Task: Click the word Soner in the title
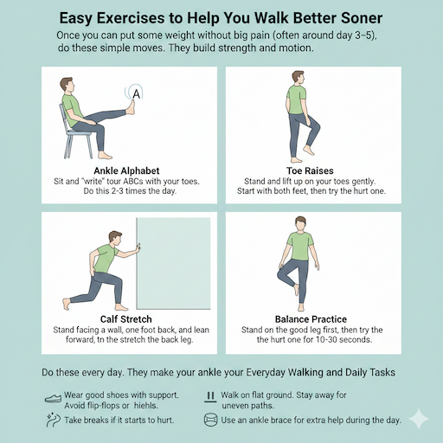352,18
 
